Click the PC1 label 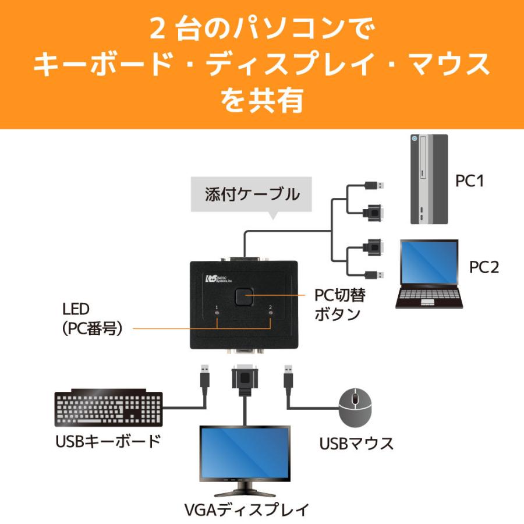[x=469, y=180]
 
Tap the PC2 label [x=484, y=267]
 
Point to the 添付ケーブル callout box [x=252, y=194]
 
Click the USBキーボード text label [x=107, y=441]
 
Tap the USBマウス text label [x=356, y=444]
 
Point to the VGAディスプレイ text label [x=245, y=509]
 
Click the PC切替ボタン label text [x=340, y=305]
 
